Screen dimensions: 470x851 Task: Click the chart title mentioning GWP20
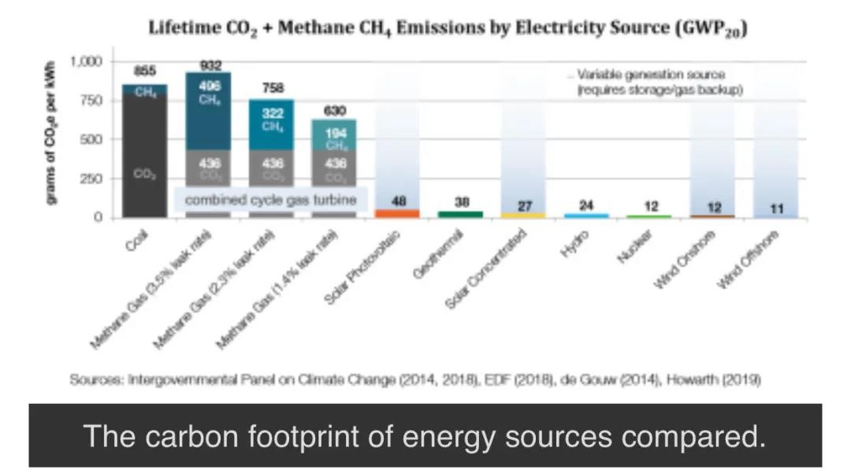pos(448,30)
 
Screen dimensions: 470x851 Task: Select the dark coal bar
pos(144,150)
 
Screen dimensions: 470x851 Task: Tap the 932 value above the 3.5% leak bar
pos(209,65)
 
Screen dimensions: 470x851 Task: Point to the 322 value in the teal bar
pos(272,114)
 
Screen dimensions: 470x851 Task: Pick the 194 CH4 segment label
pos(335,135)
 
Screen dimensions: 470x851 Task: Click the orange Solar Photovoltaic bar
pos(398,213)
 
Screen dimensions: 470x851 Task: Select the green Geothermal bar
pos(461,213)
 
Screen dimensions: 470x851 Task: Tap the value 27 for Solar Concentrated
pos(524,205)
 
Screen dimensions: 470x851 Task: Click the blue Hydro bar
pos(586,215)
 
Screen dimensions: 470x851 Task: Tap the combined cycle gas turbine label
pos(270,201)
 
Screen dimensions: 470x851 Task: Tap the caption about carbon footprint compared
pos(425,435)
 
